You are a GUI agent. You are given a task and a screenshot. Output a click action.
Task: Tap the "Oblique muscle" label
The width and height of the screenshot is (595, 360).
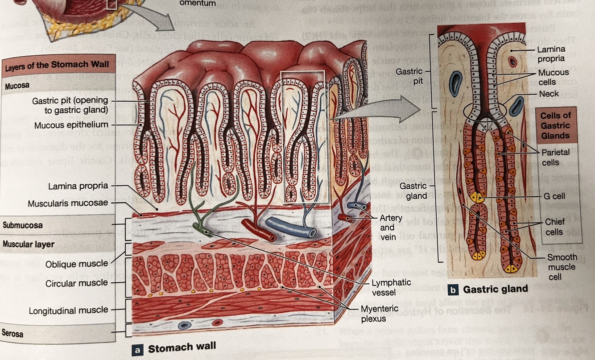(x=76, y=264)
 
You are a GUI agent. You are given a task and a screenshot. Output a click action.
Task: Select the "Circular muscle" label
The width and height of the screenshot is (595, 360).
(x=77, y=282)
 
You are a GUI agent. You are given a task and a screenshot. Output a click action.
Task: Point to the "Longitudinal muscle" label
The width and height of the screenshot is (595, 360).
(x=68, y=310)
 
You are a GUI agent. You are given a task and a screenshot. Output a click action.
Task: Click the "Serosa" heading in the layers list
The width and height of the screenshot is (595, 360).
(x=14, y=333)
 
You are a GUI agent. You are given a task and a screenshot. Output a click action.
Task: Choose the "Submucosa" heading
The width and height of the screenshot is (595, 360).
(x=23, y=225)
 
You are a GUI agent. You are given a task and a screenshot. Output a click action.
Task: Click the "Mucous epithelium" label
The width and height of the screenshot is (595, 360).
(x=71, y=124)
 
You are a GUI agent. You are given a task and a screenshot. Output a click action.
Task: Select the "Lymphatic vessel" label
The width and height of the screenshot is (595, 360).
(x=391, y=288)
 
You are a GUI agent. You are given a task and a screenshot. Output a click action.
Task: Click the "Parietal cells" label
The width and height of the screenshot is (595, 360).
(x=555, y=157)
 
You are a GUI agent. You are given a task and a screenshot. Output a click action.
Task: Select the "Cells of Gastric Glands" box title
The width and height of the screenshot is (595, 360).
(x=555, y=125)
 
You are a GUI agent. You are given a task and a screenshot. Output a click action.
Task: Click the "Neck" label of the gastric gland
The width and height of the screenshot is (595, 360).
(x=549, y=94)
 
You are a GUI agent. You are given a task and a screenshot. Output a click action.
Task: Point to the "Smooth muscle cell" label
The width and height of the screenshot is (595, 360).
(x=562, y=267)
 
